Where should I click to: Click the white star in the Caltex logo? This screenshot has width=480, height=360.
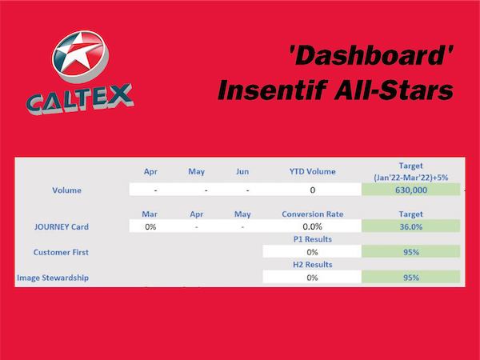point(78,53)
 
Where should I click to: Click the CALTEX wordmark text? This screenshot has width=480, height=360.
point(80,98)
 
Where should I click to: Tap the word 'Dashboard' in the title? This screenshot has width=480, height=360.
point(371,55)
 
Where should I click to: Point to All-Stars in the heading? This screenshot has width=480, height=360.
point(394,90)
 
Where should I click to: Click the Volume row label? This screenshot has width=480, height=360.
point(66,190)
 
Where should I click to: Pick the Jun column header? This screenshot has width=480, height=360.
point(242,171)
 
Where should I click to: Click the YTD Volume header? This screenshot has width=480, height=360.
point(313,171)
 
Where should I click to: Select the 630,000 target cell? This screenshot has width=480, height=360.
point(411,190)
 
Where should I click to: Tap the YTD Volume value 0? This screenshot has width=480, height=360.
point(313,190)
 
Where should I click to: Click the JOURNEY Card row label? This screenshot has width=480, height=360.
point(62,226)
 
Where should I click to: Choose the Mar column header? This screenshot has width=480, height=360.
point(150,214)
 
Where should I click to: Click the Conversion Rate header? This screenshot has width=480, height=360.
point(313,214)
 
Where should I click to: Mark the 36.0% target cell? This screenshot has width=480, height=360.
point(411,226)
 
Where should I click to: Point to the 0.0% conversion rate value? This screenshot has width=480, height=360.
point(312,226)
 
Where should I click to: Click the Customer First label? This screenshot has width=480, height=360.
point(61,252)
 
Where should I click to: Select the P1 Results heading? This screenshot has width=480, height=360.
point(313,239)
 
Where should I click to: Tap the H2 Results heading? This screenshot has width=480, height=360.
point(313,265)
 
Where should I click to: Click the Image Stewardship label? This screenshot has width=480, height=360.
point(53,278)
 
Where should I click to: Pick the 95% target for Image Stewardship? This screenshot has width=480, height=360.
point(411,277)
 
